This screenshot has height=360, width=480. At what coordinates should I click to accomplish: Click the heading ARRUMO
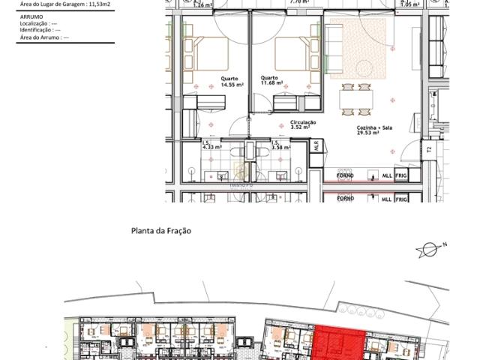tap(30, 15)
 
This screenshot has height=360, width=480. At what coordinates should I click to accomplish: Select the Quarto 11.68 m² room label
tap(271, 79)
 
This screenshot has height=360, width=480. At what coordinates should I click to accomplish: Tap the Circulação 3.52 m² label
tap(303, 124)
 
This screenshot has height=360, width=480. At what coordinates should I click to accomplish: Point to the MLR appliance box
tap(316, 146)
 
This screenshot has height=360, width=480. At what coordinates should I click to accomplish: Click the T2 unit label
tap(429, 150)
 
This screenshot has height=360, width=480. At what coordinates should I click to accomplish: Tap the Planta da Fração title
tap(160, 231)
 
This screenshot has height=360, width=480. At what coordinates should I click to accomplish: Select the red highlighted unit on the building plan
tap(339, 343)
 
